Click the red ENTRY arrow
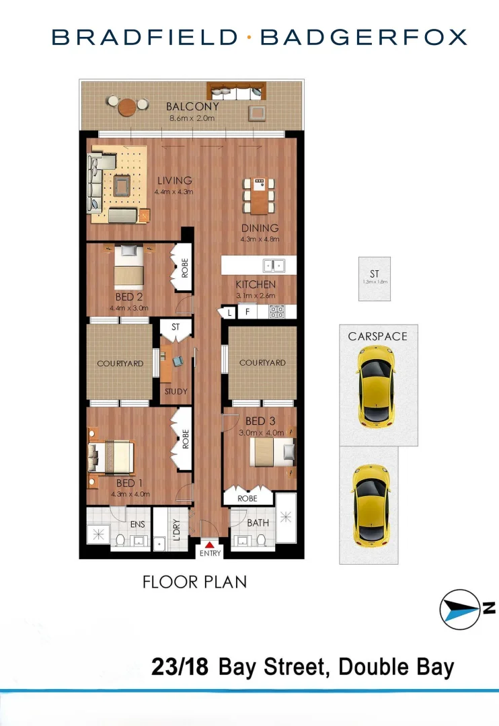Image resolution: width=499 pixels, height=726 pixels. point(209,544)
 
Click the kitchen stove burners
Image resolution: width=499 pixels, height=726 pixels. point(277,312)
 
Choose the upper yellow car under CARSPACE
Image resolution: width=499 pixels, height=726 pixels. point(376,386)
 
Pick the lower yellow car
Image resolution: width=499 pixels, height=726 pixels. point(369,504)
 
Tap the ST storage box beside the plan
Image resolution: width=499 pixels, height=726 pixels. point(375,278)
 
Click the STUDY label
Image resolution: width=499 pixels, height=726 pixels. point(176,391)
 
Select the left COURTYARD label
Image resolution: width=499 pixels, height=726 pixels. point(120,364)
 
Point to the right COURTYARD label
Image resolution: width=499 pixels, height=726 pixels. point(262,362)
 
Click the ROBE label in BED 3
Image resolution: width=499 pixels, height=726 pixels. point(248,499)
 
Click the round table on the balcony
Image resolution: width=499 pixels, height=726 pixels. point(128,107)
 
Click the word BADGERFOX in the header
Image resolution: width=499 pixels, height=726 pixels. point(363,37)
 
